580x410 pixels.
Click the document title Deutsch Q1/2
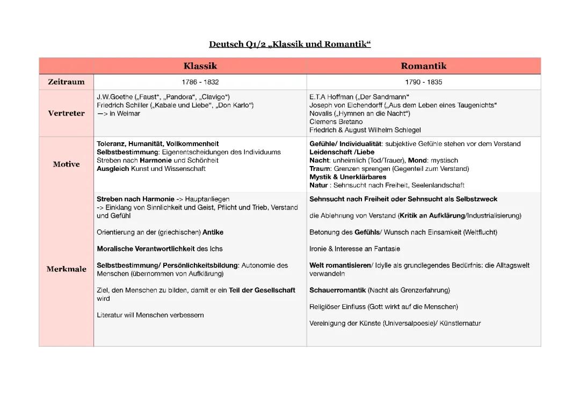pyautogui.click(x=289, y=44)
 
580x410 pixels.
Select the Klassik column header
pyautogui.click(x=200, y=66)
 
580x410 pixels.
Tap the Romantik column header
pyautogui.click(x=423, y=66)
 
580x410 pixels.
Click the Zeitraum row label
pyautogui.click(x=66, y=82)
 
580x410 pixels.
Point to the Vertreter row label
pyautogui.click(x=66, y=113)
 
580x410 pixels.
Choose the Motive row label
pyautogui.click(x=66, y=164)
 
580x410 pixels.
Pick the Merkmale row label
pyautogui.click(x=66, y=269)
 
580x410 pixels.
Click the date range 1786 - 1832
pyautogui.click(x=200, y=82)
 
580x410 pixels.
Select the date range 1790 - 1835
pyautogui.click(x=424, y=82)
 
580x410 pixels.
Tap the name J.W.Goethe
pyautogui.click(x=114, y=97)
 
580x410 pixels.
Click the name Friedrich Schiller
pyautogui.click(x=122, y=105)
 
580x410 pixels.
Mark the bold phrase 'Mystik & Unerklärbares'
pyautogui.click(x=347, y=177)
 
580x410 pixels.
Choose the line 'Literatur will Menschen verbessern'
pyautogui.click(x=150, y=315)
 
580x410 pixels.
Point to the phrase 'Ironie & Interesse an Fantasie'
pyautogui.click(x=354, y=249)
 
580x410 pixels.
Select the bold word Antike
pyautogui.click(x=213, y=232)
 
